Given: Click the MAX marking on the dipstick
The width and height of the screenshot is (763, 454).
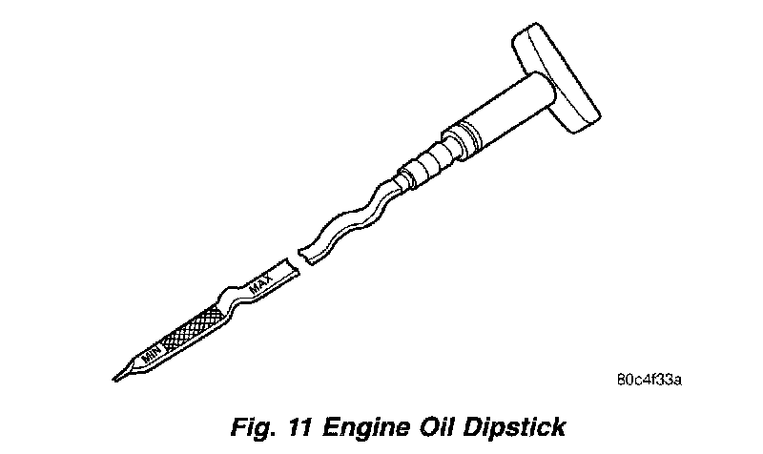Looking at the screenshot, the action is [260, 283].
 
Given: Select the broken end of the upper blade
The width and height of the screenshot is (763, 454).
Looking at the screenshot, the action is [304, 254].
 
